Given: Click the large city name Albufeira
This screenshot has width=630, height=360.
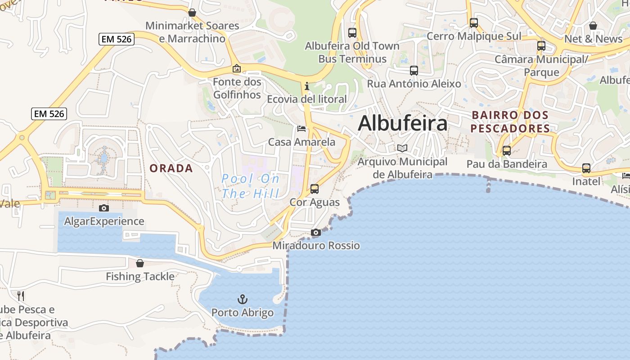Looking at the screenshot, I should coord(403,123).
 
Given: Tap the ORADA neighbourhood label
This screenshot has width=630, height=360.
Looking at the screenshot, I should coord(171,168).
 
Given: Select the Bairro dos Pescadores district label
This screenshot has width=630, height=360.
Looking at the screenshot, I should coord(510,122).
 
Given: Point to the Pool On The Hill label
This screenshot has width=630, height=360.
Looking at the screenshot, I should coord(251,186).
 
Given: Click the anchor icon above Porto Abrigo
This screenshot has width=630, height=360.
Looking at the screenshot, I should coord(243,299).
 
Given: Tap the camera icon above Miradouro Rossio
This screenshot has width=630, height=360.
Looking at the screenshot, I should coord(316,232).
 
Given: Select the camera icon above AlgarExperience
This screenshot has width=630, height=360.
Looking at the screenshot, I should coord(104,208).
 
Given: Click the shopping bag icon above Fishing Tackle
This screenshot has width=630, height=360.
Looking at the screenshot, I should coord(140,263).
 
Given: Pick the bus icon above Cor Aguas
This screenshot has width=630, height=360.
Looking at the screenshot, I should coord(315,189).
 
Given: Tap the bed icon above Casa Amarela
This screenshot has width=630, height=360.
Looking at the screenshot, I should coord(301,129).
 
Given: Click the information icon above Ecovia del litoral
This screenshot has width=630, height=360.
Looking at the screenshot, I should coord(307,85).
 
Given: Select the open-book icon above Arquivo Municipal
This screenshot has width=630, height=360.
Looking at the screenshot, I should coord(402,148).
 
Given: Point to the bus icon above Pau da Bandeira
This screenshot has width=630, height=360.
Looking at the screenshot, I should coord(507,150).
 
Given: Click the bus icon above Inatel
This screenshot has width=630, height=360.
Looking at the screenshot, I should coord(586,168).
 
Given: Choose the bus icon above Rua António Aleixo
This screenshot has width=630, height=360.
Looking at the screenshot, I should coord(414,70).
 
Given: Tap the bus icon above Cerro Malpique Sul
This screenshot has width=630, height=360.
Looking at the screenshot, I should coord(473,22).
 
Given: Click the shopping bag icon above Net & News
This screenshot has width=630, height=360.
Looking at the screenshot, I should coord(593,26).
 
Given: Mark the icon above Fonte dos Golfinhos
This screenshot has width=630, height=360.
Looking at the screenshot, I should coord(237,68).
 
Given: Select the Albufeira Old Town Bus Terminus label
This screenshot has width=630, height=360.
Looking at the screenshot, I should coord(352,52).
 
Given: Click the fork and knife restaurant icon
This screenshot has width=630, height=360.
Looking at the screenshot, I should coord(21,296).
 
